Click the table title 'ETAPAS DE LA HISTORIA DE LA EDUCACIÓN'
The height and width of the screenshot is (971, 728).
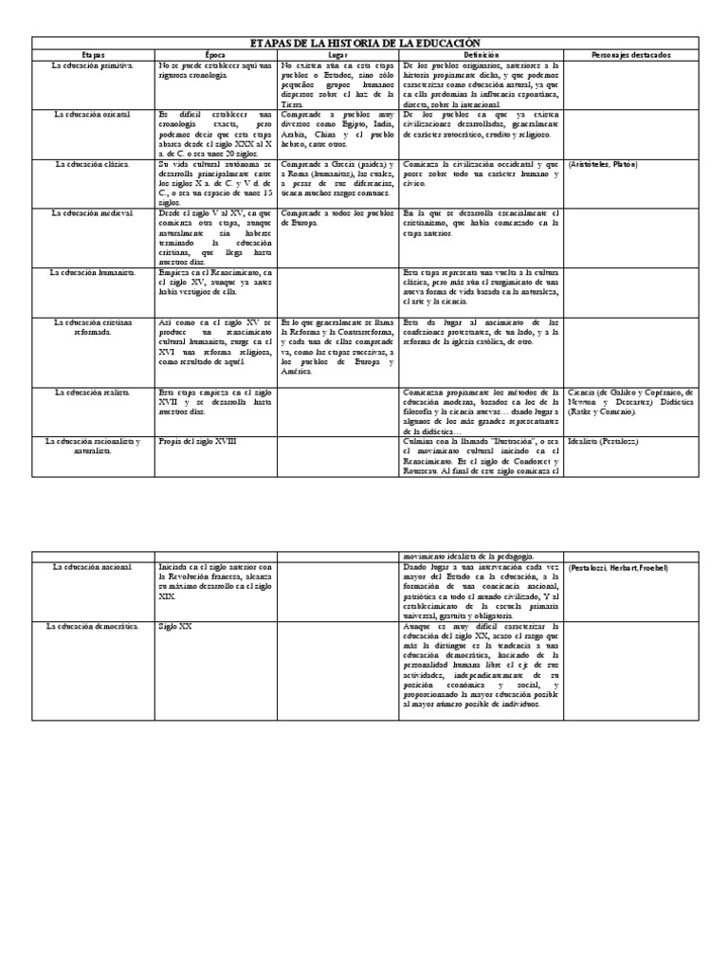click(x=364, y=44)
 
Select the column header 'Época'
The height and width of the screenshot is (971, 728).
click(x=216, y=55)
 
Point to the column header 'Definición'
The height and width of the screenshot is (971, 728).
click(x=481, y=55)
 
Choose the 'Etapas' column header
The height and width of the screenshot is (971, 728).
click(x=94, y=55)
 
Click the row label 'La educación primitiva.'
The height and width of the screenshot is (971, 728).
click(x=94, y=65)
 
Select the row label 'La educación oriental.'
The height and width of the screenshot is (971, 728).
click(x=94, y=114)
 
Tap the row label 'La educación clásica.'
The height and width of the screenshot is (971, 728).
click(x=94, y=164)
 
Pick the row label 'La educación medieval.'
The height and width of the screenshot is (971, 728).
click(x=94, y=212)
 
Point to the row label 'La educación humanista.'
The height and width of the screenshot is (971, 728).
click(x=94, y=272)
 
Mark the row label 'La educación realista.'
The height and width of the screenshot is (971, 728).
click(x=94, y=391)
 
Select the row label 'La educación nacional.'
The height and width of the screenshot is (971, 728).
click(x=94, y=567)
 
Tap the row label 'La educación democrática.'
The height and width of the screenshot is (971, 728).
click(x=94, y=628)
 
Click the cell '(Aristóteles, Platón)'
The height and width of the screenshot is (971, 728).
click(x=603, y=164)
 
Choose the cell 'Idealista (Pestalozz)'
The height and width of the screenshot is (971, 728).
click(x=602, y=441)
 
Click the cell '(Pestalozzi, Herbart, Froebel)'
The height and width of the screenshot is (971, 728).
click(x=618, y=567)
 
